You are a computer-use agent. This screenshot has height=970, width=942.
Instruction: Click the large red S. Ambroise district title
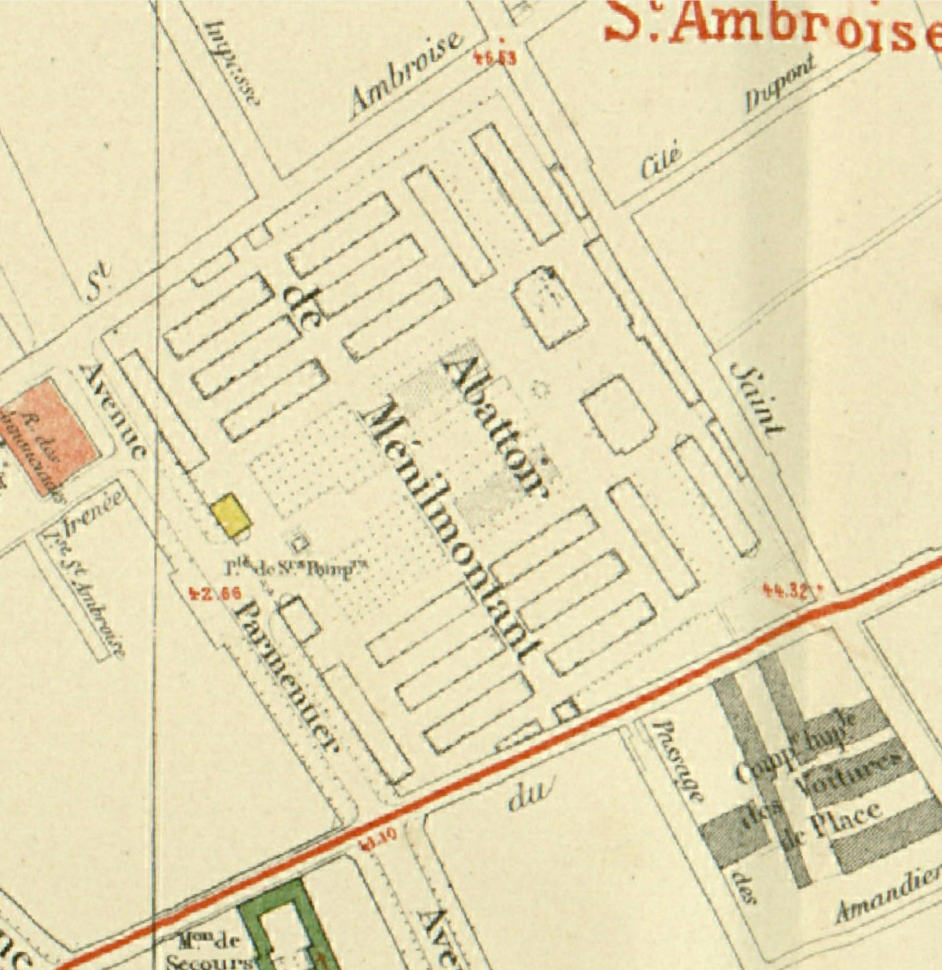tap(772, 26)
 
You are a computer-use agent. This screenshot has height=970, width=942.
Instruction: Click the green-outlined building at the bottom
tap(284, 928)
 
